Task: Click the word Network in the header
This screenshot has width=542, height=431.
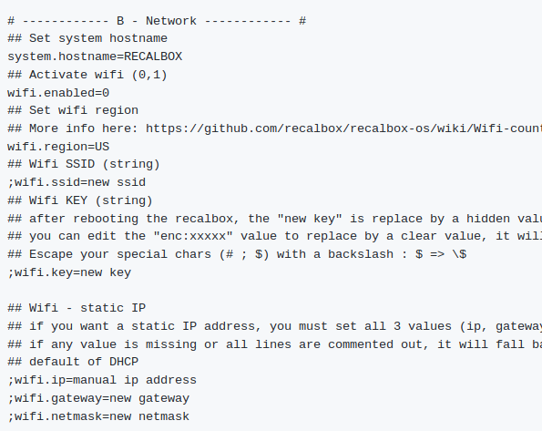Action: pos(171,21)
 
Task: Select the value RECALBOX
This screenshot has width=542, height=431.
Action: pos(153,56)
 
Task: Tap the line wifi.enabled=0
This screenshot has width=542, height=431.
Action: pos(58,93)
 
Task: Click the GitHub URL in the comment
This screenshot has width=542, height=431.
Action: pos(344,128)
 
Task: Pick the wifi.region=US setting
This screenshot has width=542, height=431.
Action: pos(58,147)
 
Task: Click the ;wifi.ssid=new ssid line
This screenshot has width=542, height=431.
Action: pos(77,182)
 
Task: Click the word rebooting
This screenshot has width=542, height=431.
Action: pos(106,219)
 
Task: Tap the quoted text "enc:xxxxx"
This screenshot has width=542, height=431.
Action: pos(193,236)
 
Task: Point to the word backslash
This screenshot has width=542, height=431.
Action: pos(361,254)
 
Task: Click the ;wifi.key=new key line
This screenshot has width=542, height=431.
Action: pos(69,272)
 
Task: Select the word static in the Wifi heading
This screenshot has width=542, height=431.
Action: pos(102,308)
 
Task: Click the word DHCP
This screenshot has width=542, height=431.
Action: pos(124,362)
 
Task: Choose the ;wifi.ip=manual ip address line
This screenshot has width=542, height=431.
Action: pos(102,380)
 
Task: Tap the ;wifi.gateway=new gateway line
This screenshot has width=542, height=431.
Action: pos(98,398)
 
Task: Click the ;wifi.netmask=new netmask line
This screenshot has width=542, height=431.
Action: pos(98,416)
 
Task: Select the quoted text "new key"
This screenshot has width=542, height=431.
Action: pos(310,219)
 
